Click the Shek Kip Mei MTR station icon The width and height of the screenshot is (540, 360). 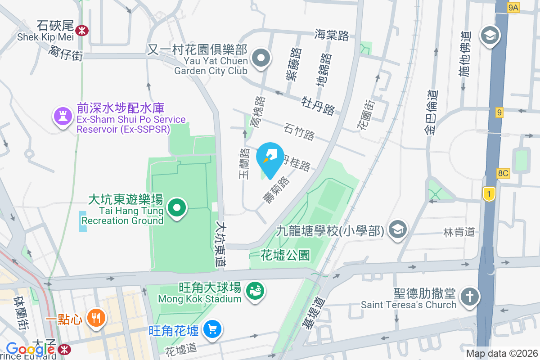pos(82,30)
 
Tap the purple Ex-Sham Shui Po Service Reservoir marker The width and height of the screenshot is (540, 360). pos(63,117)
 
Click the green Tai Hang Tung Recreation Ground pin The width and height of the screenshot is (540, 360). pos(177,208)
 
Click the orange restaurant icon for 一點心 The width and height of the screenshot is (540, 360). pos(96,318)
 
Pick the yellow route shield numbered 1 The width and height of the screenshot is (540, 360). pos(488,194)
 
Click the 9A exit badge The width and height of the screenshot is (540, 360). pos(513,7)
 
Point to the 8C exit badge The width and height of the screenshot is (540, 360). pos(503,173)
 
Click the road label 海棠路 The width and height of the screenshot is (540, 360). pos(332,35)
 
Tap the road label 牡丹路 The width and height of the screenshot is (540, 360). pos(319,104)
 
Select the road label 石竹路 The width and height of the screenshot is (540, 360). pos(299,131)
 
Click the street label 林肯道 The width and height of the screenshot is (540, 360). pos(459,232)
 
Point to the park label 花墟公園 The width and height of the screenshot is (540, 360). pos(285,255)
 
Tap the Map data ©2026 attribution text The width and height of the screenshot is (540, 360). pos(502,354)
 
